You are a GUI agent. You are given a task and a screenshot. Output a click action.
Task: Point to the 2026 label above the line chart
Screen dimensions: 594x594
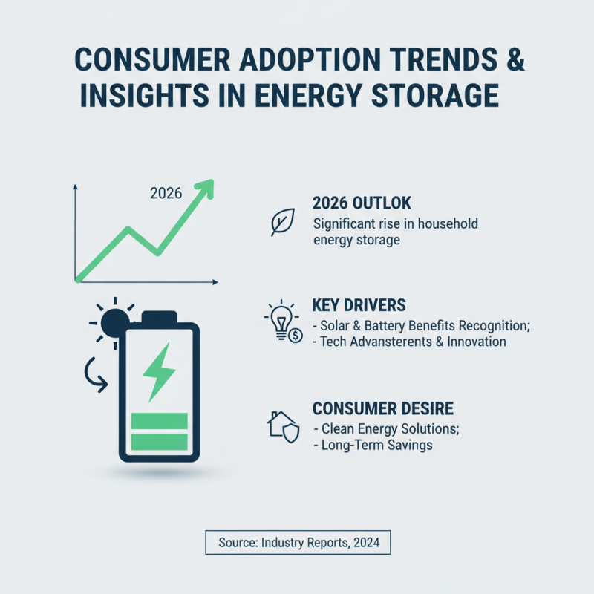pyautogui.click(x=166, y=194)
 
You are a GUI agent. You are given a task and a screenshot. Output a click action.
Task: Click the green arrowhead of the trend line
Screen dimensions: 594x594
pyautogui.click(x=205, y=188)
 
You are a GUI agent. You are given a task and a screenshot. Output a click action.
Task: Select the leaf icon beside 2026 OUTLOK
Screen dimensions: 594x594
pyautogui.click(x=282, y=222)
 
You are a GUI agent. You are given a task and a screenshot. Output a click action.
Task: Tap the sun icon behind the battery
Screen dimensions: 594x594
pyautogui.click(x=111, y=322)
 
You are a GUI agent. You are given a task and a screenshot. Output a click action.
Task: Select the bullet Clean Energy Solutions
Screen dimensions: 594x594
pyautogui.click(x=389, y=428)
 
